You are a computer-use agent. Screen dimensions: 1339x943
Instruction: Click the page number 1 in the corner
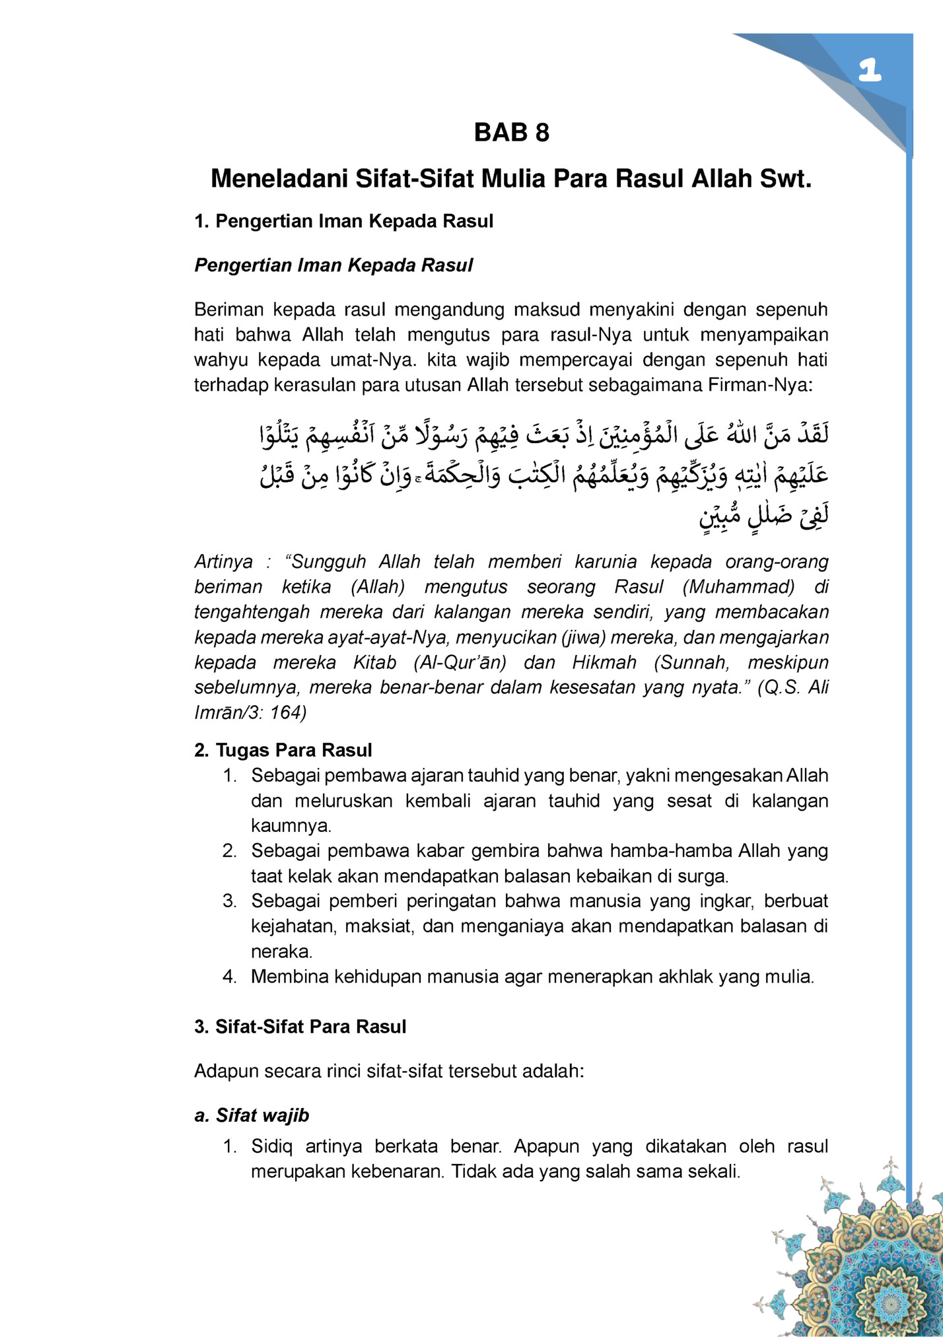870,70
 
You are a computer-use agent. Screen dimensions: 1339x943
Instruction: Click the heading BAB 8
511,133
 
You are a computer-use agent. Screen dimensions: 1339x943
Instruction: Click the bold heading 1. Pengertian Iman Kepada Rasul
343,221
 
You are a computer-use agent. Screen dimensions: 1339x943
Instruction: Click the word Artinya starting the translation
223,562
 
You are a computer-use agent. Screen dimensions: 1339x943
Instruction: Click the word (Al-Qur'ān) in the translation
460,662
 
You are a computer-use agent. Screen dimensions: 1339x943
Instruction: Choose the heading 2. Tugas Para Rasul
283,750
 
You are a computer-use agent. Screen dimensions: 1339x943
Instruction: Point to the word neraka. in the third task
281,951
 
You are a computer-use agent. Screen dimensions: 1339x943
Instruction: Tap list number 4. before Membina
229,977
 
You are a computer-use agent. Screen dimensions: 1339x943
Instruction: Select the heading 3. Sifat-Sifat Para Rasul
300,1027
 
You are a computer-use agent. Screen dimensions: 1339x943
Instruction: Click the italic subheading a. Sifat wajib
252,1115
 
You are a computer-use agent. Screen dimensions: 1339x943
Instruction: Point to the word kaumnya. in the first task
291,826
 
